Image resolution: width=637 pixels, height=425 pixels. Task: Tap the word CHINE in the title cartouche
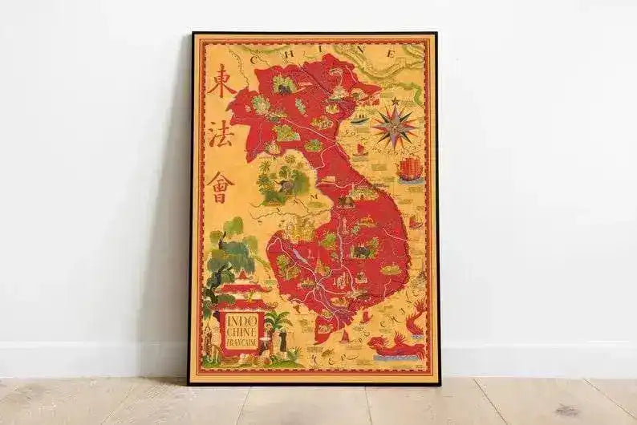(241, 335)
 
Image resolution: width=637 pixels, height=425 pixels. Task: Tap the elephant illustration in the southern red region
(363, 251)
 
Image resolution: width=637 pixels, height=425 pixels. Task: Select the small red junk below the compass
(361, 149)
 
